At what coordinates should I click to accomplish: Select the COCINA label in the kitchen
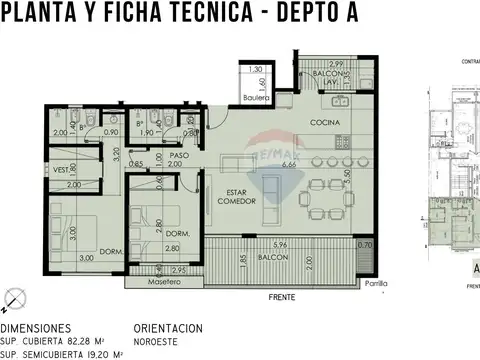(x=325, y=123)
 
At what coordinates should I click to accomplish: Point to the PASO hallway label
(x=179, y=157)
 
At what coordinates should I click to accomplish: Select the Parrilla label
(x=375, y=283)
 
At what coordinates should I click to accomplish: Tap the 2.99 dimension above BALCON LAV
(x=337, y=63)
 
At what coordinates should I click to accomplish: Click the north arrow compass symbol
(x=13, y=297)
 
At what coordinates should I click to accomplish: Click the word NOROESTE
(x=156, y=340)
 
